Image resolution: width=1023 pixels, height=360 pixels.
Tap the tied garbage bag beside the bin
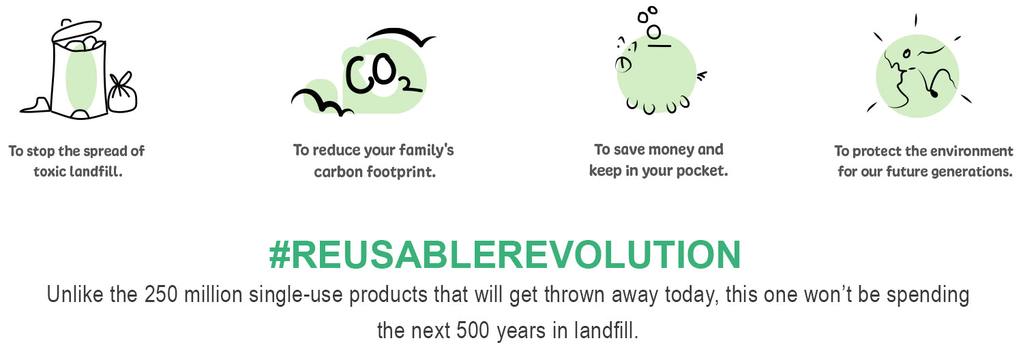tap(122, 93)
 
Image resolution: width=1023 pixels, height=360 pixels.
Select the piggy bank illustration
tap(657, 69)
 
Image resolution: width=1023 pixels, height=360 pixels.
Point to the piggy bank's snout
tap(623, 65)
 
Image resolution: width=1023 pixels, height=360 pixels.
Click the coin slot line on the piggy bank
tap(659, 46)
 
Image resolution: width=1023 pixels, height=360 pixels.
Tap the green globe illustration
tap(918, 73)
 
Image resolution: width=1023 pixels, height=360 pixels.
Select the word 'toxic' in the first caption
tap(49, 172)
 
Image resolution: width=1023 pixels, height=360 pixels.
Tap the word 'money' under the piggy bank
tap(671, 150)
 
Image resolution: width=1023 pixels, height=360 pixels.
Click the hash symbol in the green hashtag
tap(280, 254)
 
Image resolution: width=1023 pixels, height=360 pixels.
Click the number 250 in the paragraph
tap(161, 295)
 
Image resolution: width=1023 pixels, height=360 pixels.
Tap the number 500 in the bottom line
tap(473, 330)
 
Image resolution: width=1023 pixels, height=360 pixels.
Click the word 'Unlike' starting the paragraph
tap(75, 295)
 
